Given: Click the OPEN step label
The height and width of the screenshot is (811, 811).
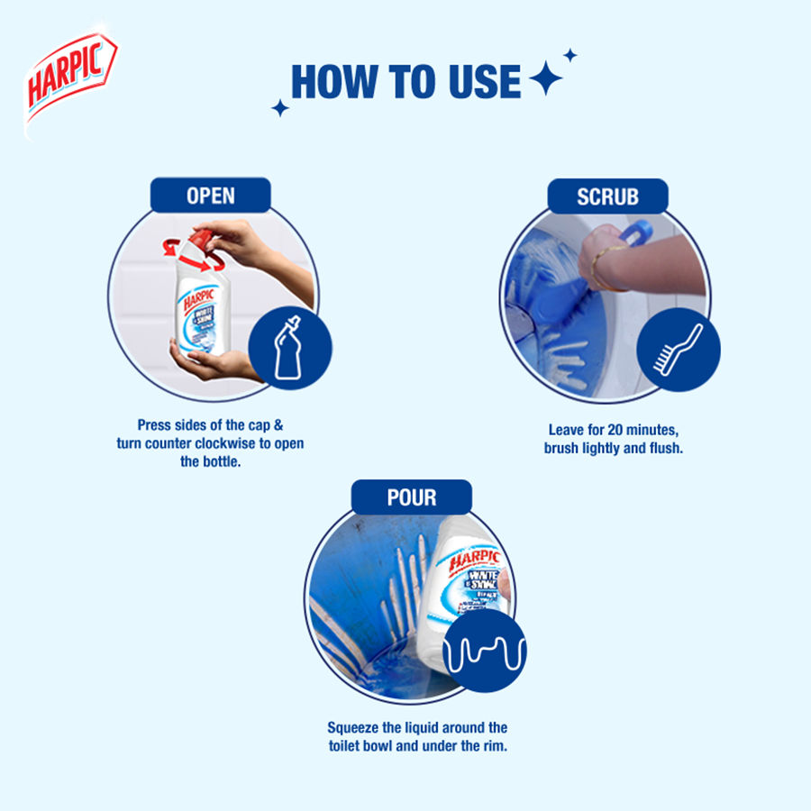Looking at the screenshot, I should (211, 196).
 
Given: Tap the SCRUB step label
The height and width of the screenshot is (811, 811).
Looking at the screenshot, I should (607, 196).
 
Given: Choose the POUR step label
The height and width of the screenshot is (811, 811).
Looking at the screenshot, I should (411, 498).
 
